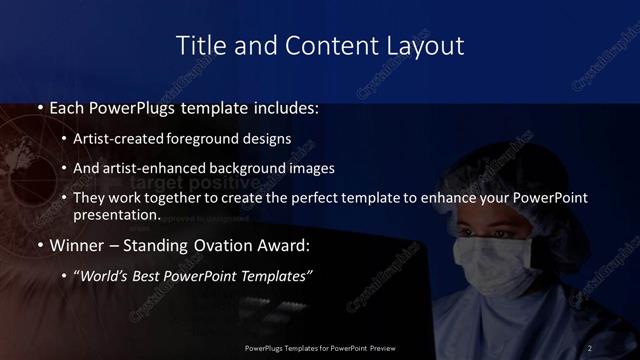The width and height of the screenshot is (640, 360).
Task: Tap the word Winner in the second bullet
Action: [75, 244]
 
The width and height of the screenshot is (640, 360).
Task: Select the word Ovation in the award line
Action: [221, 244]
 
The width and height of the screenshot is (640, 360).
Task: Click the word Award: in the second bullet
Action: [285, 244]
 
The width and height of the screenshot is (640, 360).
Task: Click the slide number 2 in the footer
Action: [591, 347]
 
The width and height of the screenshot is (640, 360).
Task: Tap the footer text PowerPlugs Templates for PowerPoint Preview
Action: [320, 347]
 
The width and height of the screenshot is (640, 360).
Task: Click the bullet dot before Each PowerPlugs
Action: [39, 107]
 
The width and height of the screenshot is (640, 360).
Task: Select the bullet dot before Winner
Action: [39, 244]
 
